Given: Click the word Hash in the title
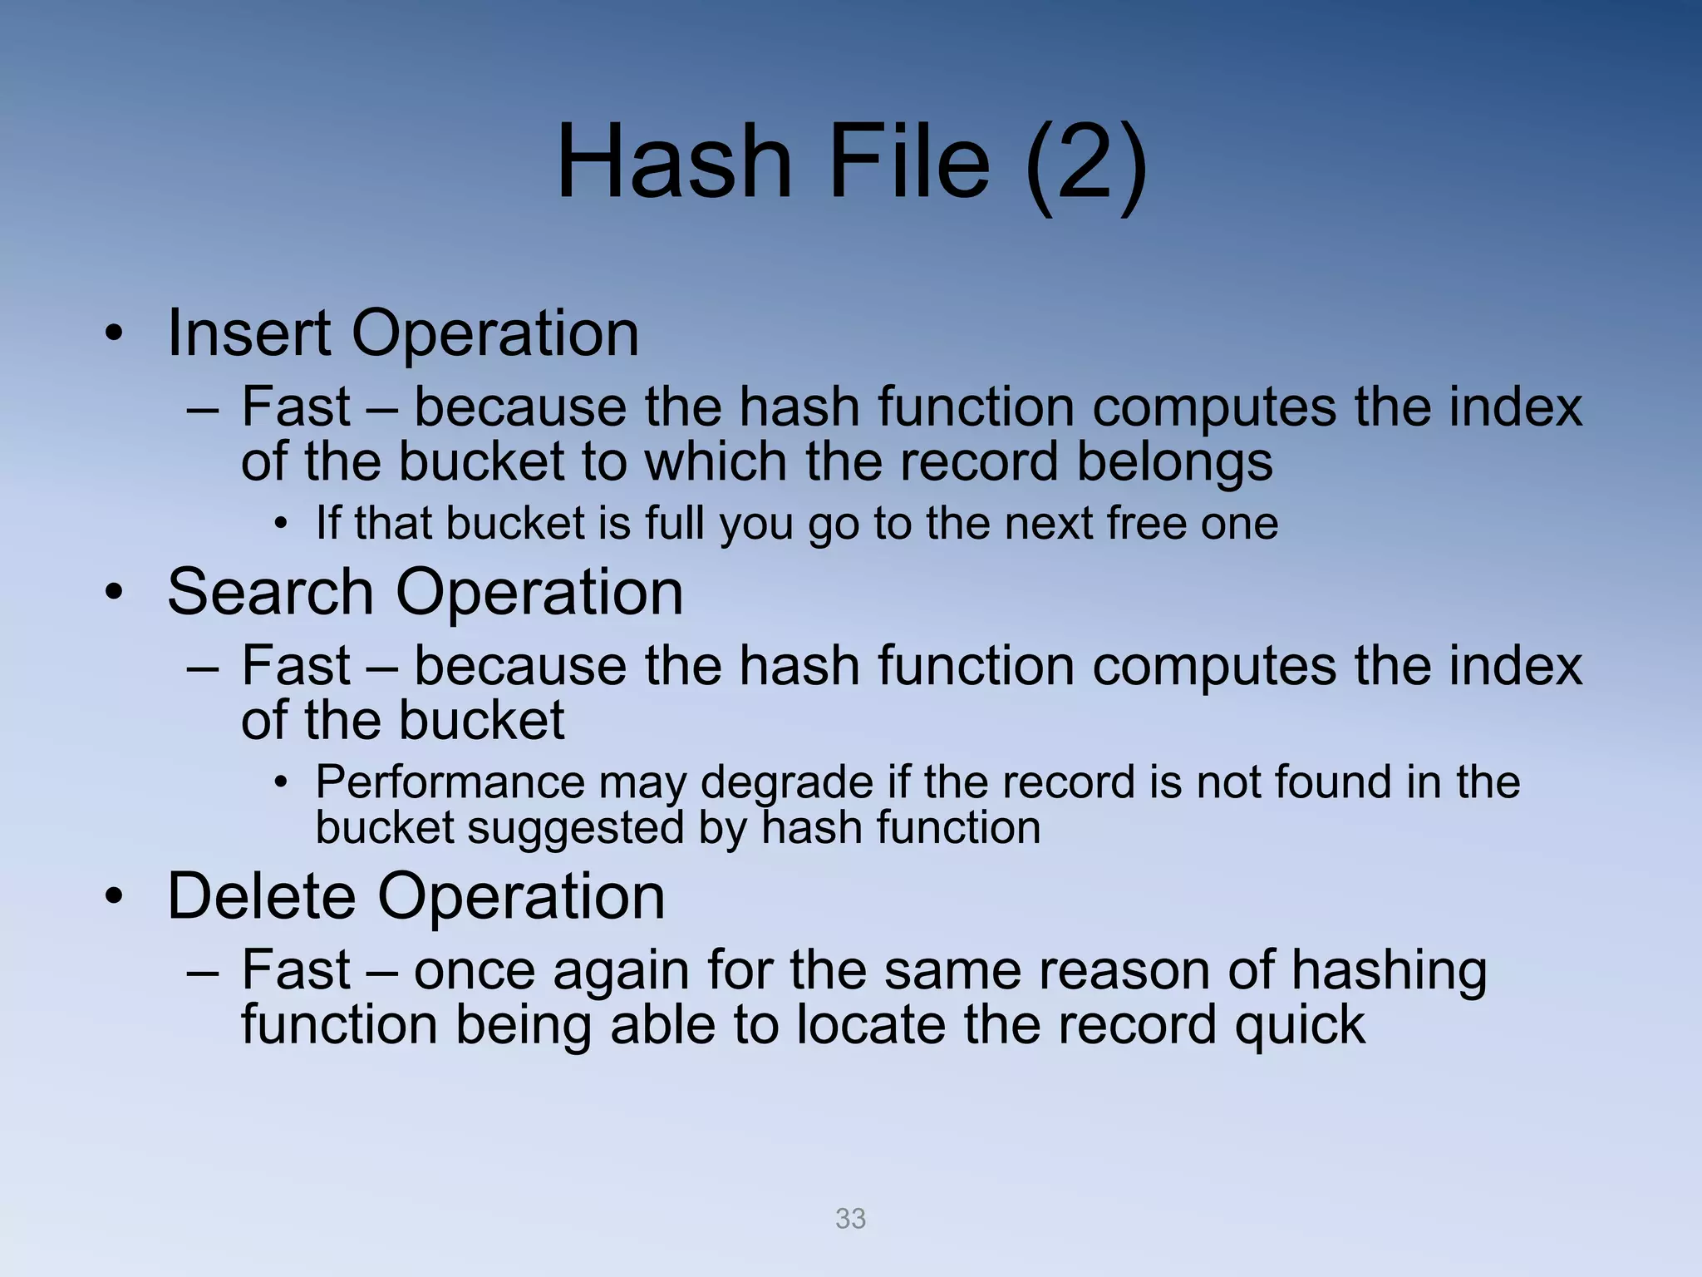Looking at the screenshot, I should (x=674, y=161).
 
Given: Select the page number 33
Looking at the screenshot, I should (x=850, y=1219).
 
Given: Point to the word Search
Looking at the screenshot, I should (x=270, y=592).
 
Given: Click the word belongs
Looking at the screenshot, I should (x=1174, y=463).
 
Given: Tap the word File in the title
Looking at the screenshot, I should (x=908, y=161).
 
